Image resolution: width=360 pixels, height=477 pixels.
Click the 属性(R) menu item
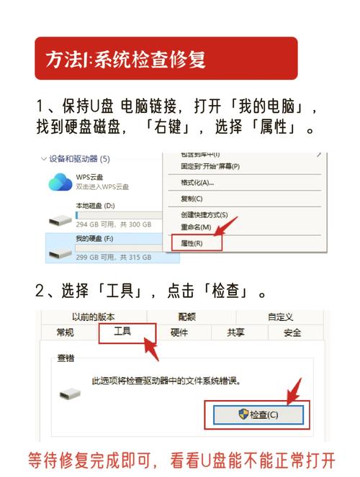point(192,243)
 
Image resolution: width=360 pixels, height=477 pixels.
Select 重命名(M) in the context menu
point(196,227)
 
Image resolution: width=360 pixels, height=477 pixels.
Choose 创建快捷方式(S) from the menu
point(204,214)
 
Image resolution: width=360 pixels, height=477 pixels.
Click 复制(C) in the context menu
point(192,198)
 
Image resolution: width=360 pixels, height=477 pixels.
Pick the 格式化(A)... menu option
point(197,182)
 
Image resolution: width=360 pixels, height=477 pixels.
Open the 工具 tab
point(124,332)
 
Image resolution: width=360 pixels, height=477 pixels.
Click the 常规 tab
point(65,332)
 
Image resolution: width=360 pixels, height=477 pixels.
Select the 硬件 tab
point(179,332)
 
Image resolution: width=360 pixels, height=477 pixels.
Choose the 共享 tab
point(235,332)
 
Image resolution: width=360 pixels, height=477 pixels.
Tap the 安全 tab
point(292,332)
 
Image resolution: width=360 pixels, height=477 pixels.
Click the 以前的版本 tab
point(93,317)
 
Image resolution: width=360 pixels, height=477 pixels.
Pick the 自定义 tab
point(280,317)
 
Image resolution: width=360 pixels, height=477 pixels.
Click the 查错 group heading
point(66,358)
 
